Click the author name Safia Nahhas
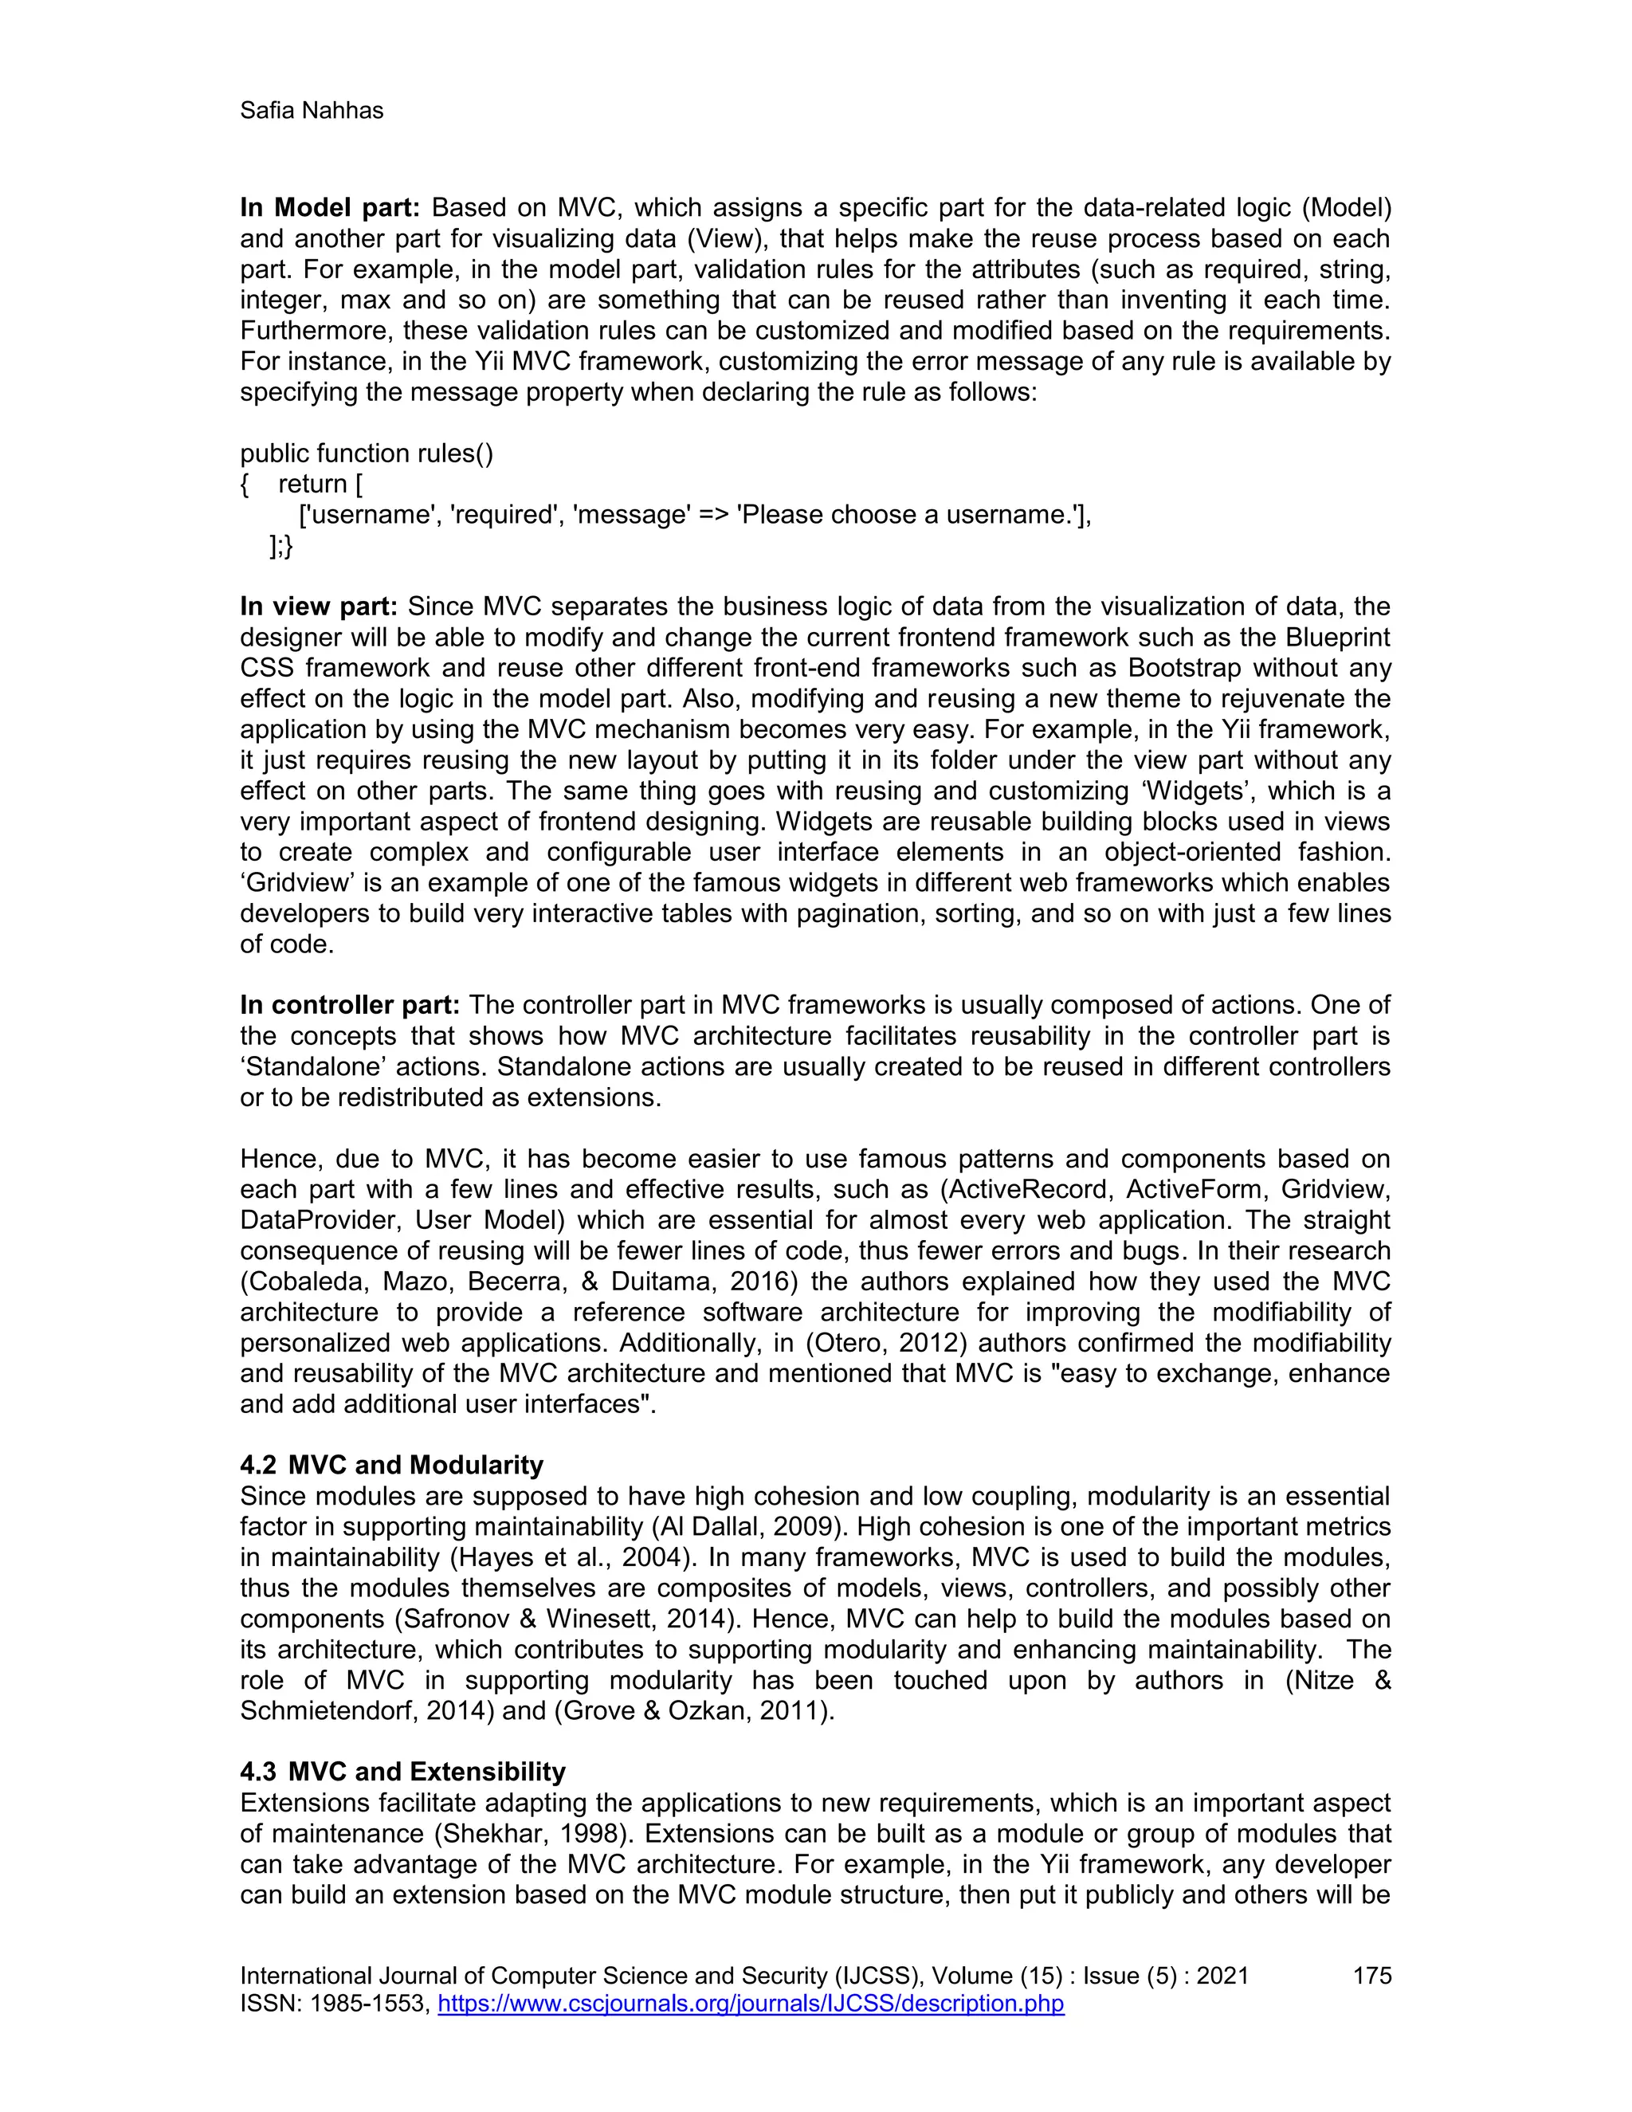click(x=312, y=112)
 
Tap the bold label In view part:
click(x=318, y=607)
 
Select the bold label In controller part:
click(x=349, y=1005)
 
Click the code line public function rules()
click(x=367, y=453)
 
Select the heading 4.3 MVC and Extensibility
click(x=402, y=1772)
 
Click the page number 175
click(x=1371, y=1976)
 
